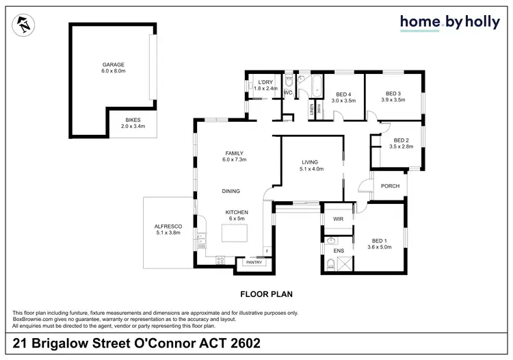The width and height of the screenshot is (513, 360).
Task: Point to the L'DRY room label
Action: tap(266, 84)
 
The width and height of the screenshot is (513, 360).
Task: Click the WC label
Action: tap(288, 92)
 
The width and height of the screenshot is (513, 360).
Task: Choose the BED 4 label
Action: tap(345, 94)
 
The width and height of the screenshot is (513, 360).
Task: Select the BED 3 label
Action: tap(392, 94)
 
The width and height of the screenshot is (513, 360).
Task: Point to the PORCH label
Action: tap(391, 185)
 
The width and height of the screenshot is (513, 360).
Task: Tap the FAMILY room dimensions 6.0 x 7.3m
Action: tap(235, 159)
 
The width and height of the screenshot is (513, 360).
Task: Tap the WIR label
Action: tap(337, 219)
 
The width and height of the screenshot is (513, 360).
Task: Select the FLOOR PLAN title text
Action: tap(266, 294)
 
